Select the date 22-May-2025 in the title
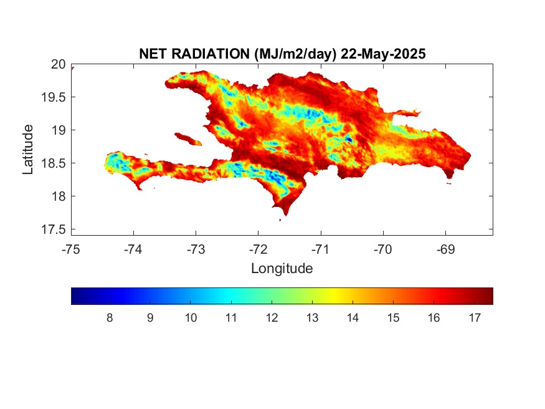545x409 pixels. pyautogui.click(x=383, y=54)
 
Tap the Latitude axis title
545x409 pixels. pyautogui.click(x=28, y=150)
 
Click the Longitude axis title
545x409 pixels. pyautogui.click(x=282, y=269)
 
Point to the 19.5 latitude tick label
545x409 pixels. pyautogui.click(x=54, y=97)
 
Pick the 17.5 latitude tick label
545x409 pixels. pyautogui.click(x=54, y=229)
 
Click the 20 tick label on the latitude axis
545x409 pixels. pyautogui.click(x=58, y=64)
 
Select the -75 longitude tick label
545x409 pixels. pyautogui.click(x=71, y=249)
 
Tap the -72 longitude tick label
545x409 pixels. pyautogui.click(x=258, y=249)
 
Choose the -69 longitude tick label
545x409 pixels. pyautogui.click(x=445, y=249)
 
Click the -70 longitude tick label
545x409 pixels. pyautogui.click(x=383, y=249)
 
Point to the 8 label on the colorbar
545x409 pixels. pyautogui.click(x=110, y=318)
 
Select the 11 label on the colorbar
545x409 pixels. pyautogui.click(x=231, y=318)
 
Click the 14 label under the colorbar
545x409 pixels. pyautogui.click(x=353, y=318)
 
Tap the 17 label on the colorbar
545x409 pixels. pyautogui.click(x=475, y=318)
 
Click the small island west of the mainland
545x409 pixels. pyautogui.click(x=188, y=139)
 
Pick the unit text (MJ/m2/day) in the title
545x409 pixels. pyautogui.click(x=295, y=54)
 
